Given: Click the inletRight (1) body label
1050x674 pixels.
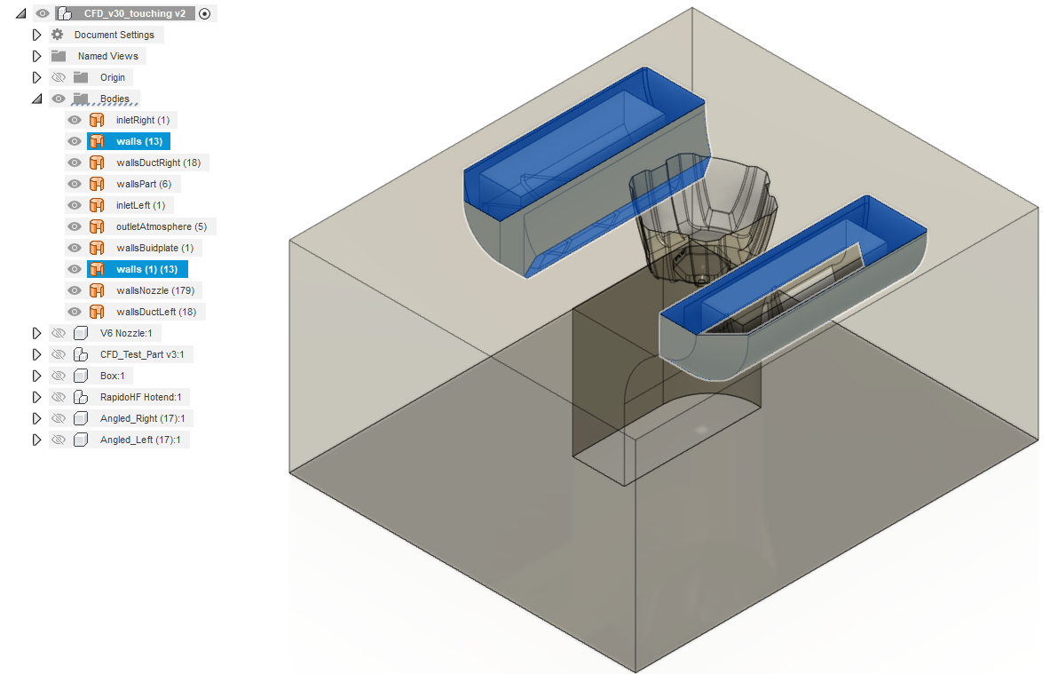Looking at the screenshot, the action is [143, 120].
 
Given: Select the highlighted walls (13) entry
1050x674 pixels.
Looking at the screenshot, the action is [139, 141].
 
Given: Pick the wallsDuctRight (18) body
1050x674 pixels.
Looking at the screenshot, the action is [158, 163].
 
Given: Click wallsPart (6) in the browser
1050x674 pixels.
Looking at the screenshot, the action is [143, 184].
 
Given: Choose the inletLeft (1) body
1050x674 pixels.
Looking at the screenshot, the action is [140, 206].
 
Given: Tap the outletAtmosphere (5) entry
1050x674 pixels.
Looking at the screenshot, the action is [162, 226].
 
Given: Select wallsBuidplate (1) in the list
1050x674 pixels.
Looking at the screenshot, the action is [154, 248].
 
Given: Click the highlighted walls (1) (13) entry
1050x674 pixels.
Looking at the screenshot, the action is [146, 269].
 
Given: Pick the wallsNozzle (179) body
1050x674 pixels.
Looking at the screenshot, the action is [155, 290].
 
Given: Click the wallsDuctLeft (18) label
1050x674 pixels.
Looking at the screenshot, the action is [156, 313].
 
